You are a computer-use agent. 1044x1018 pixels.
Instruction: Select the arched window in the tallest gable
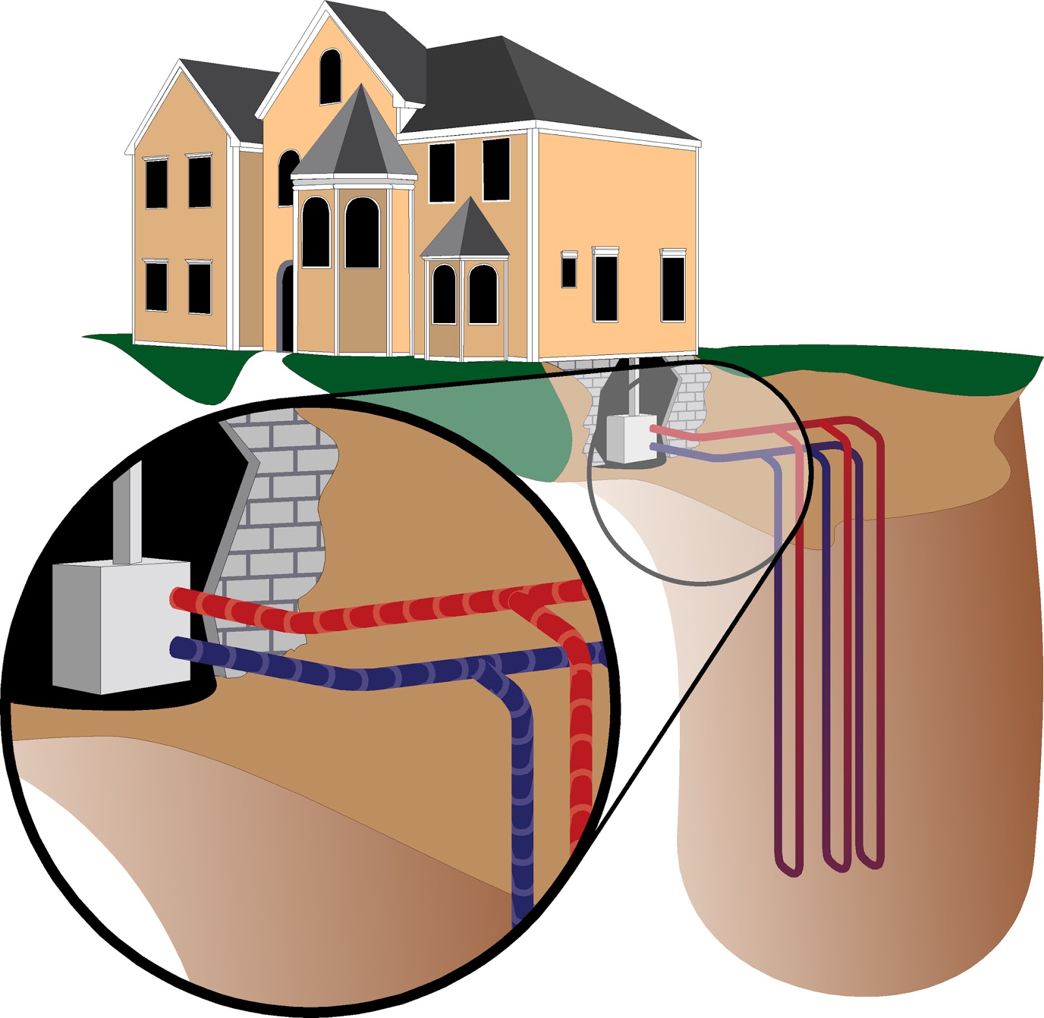330,76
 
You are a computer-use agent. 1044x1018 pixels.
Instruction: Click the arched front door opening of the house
286,307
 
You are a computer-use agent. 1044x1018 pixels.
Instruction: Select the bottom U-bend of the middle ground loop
837,865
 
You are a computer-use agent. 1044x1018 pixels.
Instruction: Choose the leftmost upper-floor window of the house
156,183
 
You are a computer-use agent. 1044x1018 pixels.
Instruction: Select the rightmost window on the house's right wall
673,287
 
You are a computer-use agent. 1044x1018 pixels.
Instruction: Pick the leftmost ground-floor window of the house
156,285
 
